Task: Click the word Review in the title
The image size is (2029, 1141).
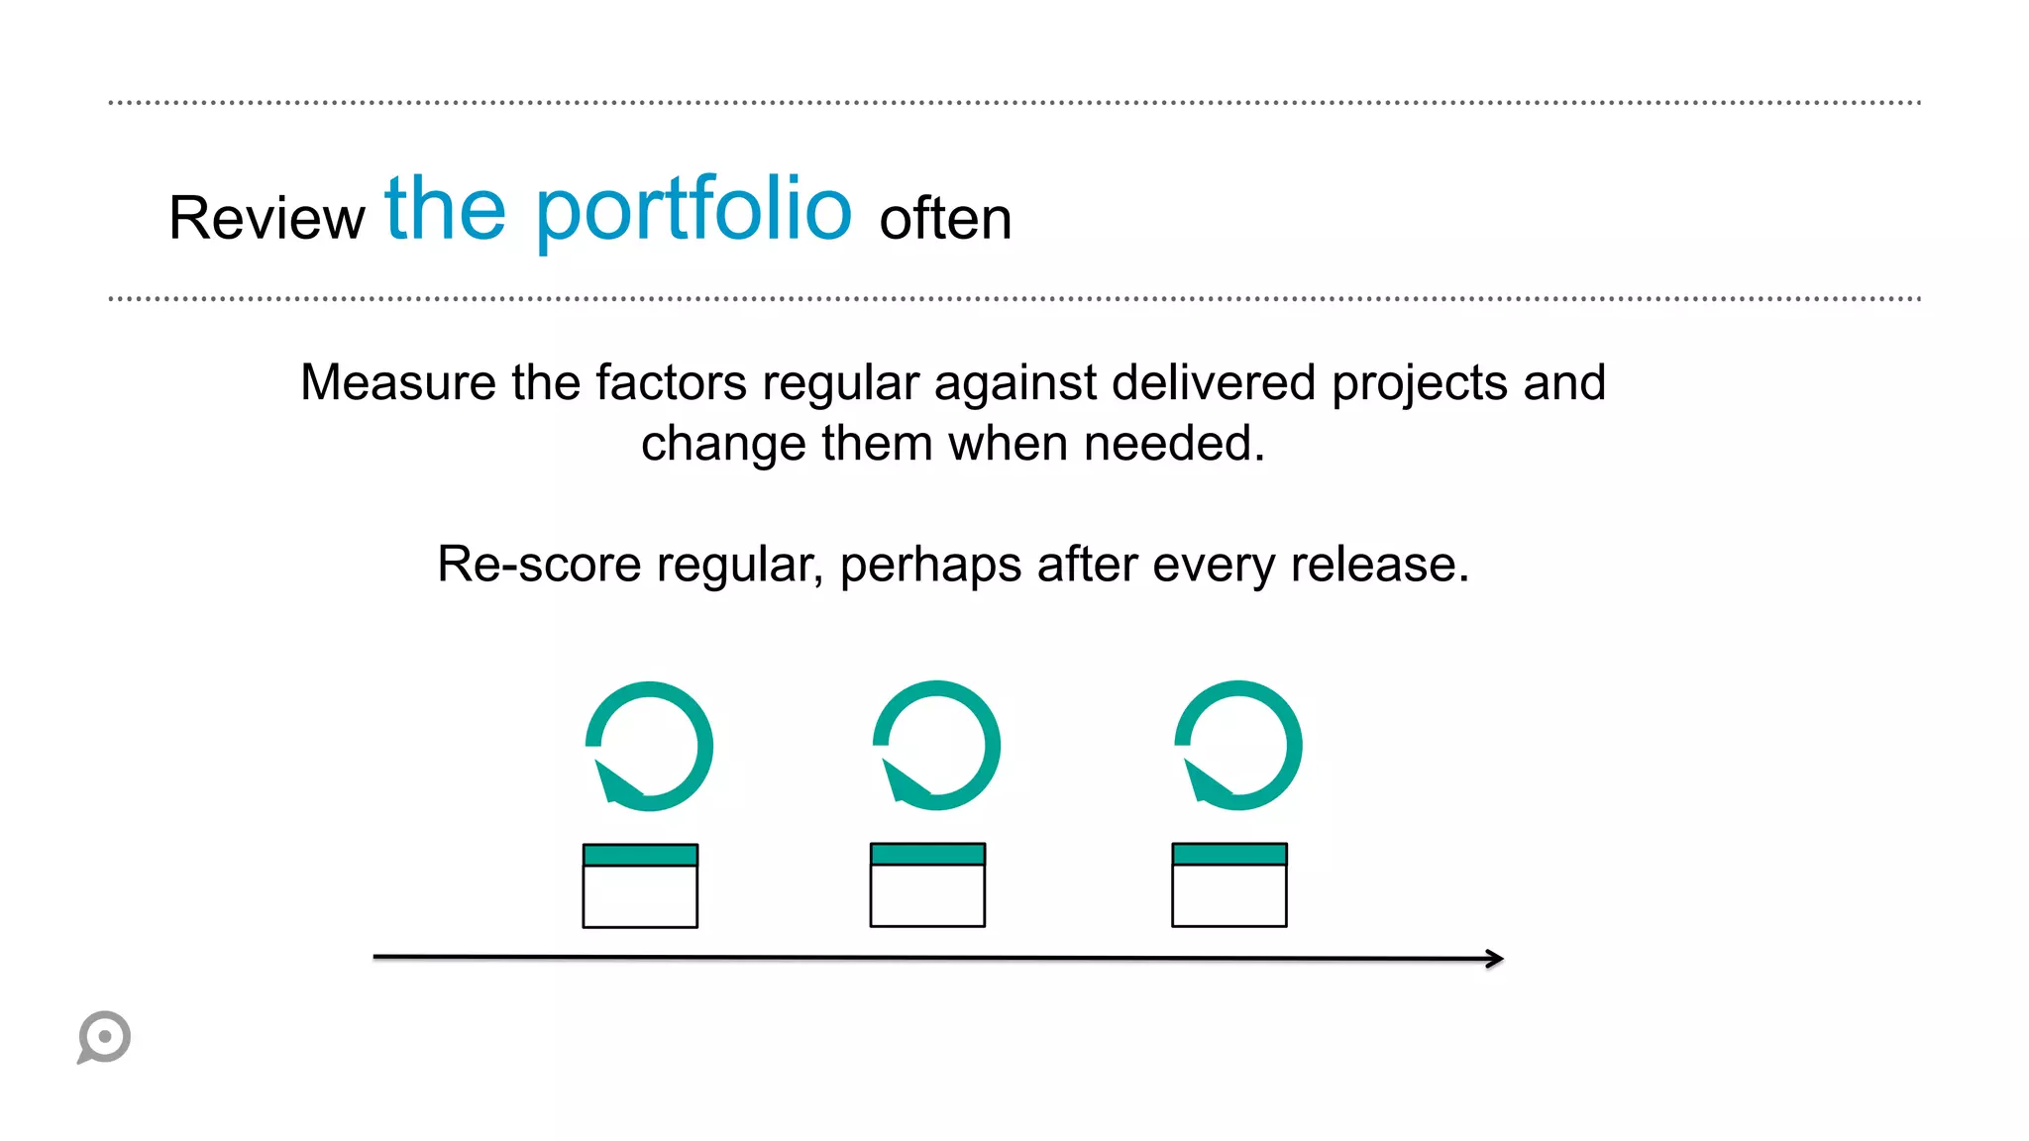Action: point(267,218)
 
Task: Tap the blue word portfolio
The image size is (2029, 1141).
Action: point(694,211)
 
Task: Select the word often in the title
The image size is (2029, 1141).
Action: point(945,219)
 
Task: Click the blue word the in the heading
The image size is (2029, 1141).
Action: point(445,209)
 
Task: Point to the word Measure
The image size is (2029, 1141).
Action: point(398,383)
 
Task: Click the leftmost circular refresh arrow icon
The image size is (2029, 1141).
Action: point(649,746)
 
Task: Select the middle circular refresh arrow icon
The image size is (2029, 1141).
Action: point(936,746)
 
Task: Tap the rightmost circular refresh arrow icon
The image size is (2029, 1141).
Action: point(1238,746)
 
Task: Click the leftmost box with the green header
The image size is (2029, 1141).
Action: point(640,885)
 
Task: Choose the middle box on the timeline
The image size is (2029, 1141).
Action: point(927,885)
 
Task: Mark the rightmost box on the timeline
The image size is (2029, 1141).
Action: point(1229,885)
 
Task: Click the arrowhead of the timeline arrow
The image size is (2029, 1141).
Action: point(1496,958)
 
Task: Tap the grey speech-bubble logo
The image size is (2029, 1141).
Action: point(104,1037)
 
